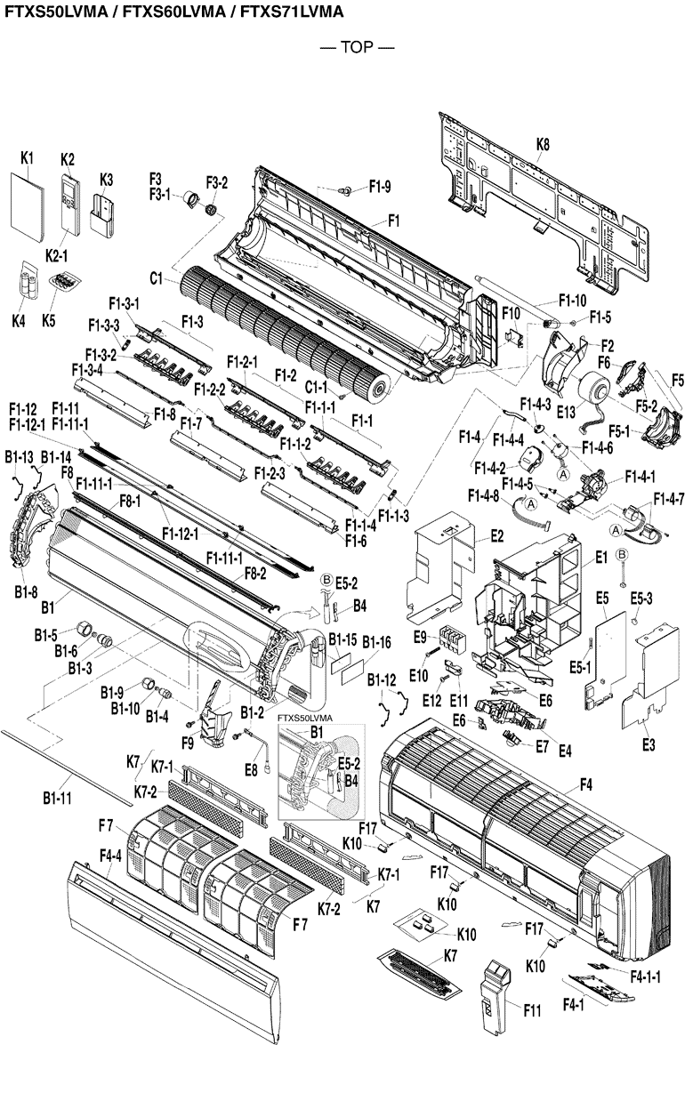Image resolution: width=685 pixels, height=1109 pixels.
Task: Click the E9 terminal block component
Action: pyautogui.click(x=447, y=641)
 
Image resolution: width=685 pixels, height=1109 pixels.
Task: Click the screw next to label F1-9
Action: pyautogui.click(x=348, y=189)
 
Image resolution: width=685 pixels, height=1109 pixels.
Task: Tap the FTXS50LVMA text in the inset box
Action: pyautogui.click(x=304, y=718)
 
